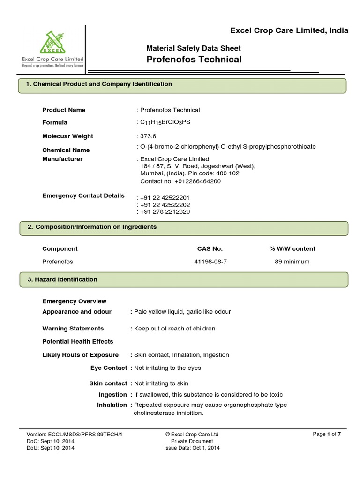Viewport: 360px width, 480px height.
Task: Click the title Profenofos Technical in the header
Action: pos(194,59)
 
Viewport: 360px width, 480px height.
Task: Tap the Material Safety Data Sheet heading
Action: pos(194,48)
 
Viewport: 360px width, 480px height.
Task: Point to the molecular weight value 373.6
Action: pos(145,136)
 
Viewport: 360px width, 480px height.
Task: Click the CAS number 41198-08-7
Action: pos(210,262)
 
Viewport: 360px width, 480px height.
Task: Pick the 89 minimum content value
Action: pos(292,262)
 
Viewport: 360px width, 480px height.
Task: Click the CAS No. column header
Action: pos(210,249)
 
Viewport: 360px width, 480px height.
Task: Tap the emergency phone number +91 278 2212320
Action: pos(165,212)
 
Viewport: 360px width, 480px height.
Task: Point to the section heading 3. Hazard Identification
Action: pos(62,279)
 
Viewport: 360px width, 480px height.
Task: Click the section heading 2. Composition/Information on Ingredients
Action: pos(92,227)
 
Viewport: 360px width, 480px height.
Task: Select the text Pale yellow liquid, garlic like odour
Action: pos(182,312)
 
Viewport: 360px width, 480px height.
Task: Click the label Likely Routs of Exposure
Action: pos(80,355)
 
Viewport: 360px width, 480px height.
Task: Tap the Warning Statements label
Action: pos(73,329)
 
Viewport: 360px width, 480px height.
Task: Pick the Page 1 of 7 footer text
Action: pos(330,434)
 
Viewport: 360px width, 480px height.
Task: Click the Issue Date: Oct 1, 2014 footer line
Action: pos(192,448)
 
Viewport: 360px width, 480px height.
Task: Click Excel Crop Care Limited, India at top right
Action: pos(289,31)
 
